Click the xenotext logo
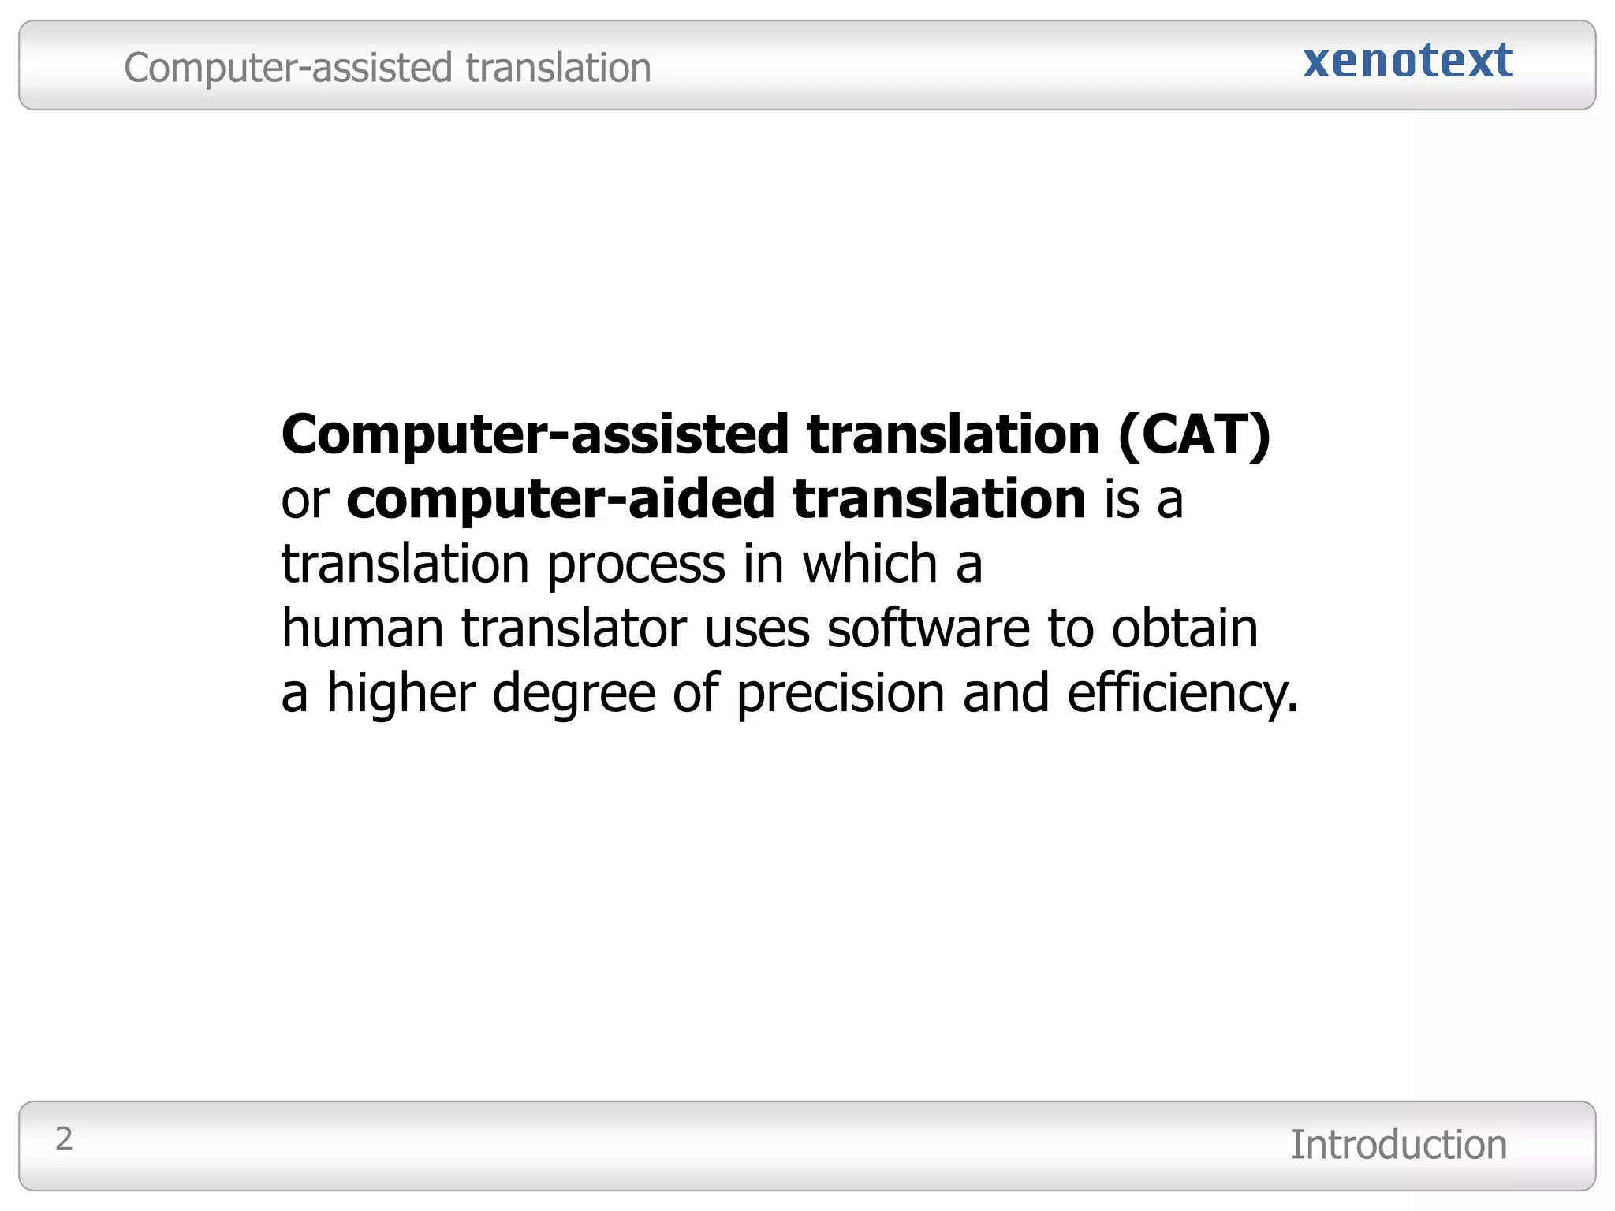tap(1408, 61)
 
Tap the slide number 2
tap(64, 1138)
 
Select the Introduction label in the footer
tap(1398, 1145)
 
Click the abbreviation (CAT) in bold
tap(1194, 434)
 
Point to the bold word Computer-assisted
tap(535, 434)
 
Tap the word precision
tap(840, 694)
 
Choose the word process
tap(636, 565)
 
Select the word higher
tap(401, 694)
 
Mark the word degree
tap(573, 694)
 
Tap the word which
tap(870, 564)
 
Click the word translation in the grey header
tap(558, 68)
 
